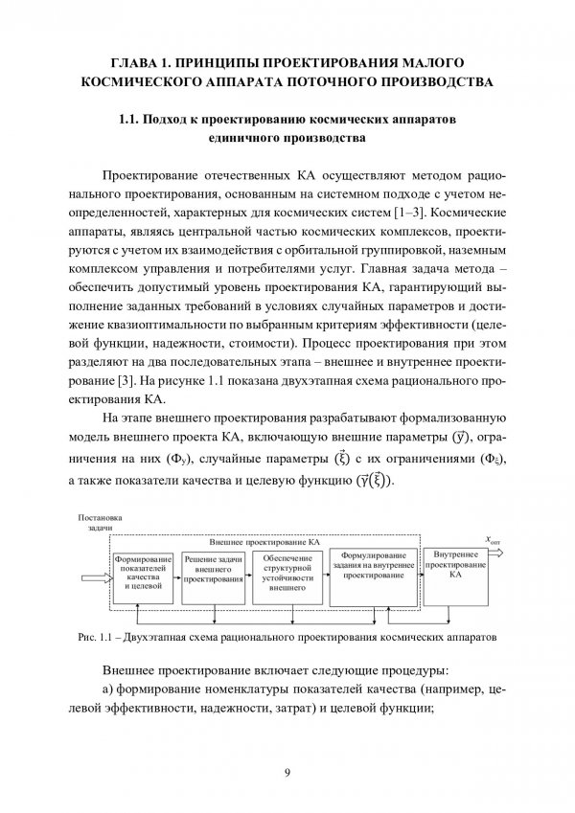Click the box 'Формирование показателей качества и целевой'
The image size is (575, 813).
pyautogui.click(x=141, y=574)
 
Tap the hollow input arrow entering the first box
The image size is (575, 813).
pyautogui.click(x=96, y=576)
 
